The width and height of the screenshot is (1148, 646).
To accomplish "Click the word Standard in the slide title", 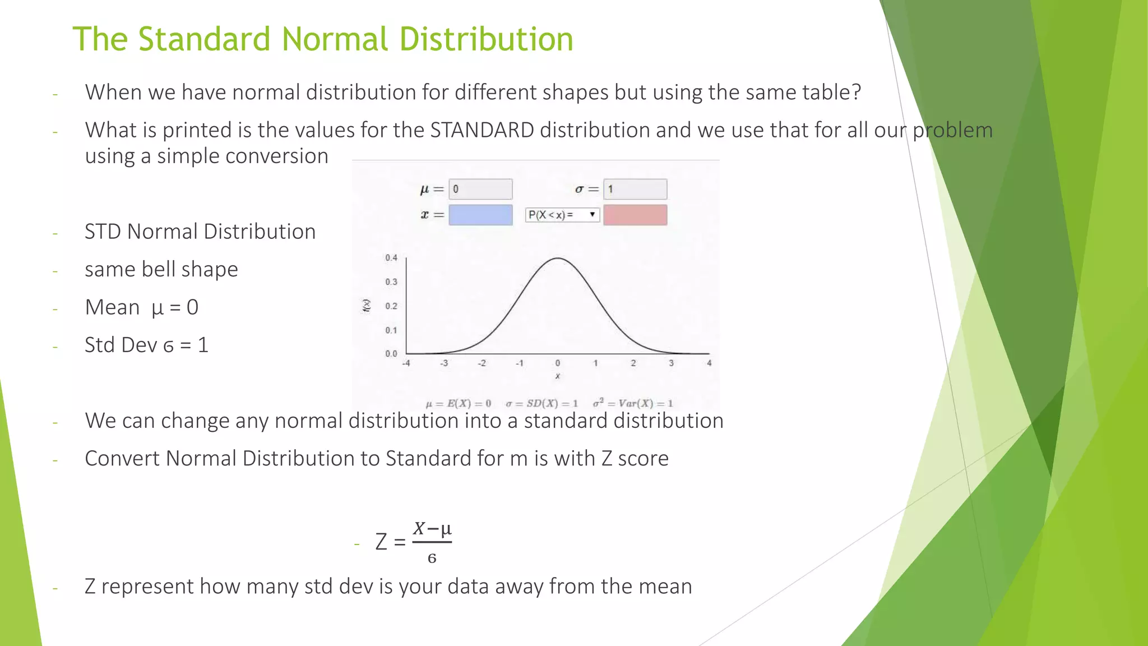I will coord(204,39).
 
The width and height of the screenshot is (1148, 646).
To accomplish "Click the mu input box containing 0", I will coord(480,189).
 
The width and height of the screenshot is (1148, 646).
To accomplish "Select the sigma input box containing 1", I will coord(635,189).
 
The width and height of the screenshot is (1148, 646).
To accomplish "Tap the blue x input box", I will coord(480,215).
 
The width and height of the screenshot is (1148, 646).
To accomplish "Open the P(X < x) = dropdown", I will coord(562,215).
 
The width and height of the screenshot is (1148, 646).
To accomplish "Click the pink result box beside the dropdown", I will coord(635,215).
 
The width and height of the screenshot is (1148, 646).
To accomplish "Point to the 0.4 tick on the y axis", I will coord(391,258).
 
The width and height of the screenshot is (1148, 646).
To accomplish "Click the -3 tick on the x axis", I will coord(444,363).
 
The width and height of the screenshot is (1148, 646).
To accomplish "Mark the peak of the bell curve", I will coord(558,259).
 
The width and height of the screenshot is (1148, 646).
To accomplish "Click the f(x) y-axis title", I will coord(367,306).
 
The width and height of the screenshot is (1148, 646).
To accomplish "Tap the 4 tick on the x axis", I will coord(709,363).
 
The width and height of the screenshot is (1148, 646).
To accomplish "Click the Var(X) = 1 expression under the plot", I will coord(633,403).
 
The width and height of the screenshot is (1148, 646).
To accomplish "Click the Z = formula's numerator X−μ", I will coord(432,529).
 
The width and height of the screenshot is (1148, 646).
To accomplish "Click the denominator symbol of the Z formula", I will coord(432,559).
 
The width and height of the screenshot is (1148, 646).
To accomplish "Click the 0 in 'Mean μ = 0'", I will coord(192,307).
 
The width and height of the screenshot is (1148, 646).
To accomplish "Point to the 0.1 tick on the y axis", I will coord(391,330).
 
